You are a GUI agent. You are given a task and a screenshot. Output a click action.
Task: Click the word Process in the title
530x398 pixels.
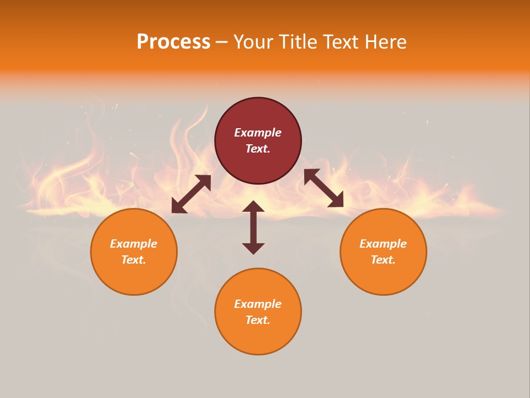coord(173,42)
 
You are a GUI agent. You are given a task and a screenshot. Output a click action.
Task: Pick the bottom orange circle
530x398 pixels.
coord(258,337)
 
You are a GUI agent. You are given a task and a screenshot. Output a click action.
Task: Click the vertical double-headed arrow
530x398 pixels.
coord(253,227)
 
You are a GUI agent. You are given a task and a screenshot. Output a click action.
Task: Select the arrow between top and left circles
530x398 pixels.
coord(191,194)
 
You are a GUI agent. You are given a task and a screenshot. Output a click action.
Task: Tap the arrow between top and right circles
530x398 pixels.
coord(324,188)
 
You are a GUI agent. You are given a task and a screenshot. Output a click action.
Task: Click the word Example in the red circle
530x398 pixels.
coord(258,133)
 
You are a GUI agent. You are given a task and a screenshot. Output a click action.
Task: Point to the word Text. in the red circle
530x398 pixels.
coord(258,149)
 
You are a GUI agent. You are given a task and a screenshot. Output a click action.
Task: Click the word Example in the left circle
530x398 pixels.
coord(134,244)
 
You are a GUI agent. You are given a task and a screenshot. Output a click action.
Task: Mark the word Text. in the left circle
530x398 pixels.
coord(134,260)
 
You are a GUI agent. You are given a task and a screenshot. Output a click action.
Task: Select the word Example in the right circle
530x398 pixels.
coord(383,244)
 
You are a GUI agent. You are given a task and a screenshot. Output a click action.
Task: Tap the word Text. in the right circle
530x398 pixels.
coord(383,260)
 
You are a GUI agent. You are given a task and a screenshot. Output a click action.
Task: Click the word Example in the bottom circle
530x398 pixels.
coord(258,304)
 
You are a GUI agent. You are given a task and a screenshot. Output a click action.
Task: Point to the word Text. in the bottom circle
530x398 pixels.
coord(258,320)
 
